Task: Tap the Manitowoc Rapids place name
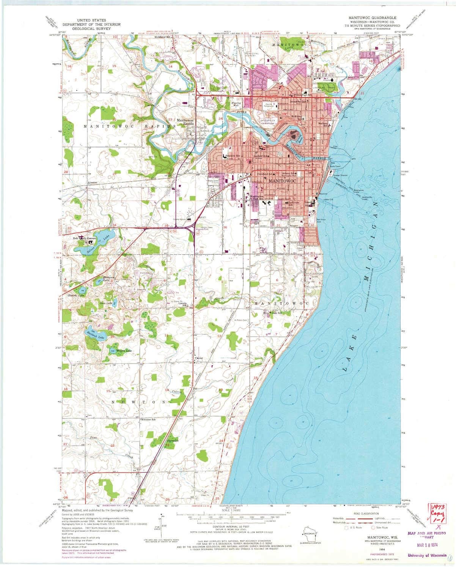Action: click(186, 124)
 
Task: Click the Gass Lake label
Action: click(106, 303)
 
